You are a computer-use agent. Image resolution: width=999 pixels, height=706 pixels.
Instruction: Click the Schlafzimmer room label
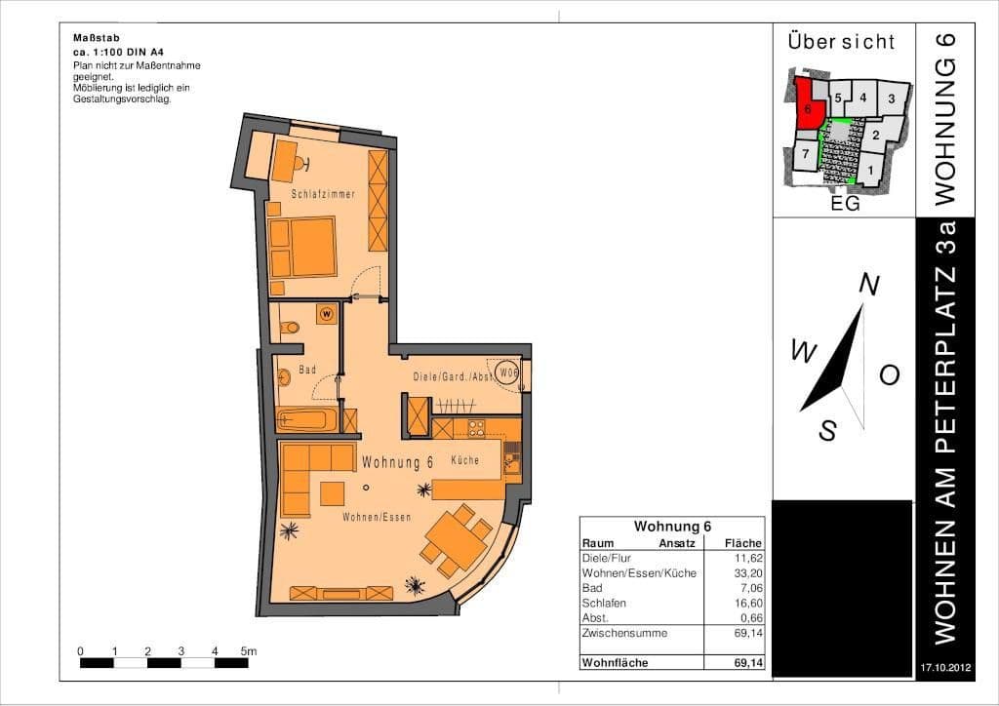click(323, 194)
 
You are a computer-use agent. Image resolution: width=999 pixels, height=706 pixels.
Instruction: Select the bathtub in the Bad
click(306, 420)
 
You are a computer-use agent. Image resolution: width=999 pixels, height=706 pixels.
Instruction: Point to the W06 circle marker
click(508, 373)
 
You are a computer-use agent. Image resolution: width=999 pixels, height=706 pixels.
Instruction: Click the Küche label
click(465, 460)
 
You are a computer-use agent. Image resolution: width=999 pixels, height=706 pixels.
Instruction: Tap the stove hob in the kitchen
click(476, 427)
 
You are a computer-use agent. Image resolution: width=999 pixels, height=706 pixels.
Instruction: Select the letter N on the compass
click(869, 284)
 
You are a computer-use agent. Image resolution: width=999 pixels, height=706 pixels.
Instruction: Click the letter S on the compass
click(827, 430)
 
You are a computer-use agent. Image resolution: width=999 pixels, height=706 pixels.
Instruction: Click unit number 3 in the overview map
click(891, 98)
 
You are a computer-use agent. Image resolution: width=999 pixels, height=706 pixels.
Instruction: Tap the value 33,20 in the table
click(747, 573)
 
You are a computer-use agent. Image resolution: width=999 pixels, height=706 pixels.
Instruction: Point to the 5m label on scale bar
click(249, 650)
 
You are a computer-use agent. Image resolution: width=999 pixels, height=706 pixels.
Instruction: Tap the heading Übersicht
click(840, 42)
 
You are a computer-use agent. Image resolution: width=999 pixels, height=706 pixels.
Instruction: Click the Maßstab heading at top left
click(94, 38)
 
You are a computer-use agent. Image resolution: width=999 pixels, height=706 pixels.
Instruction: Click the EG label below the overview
click(845, 205)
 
